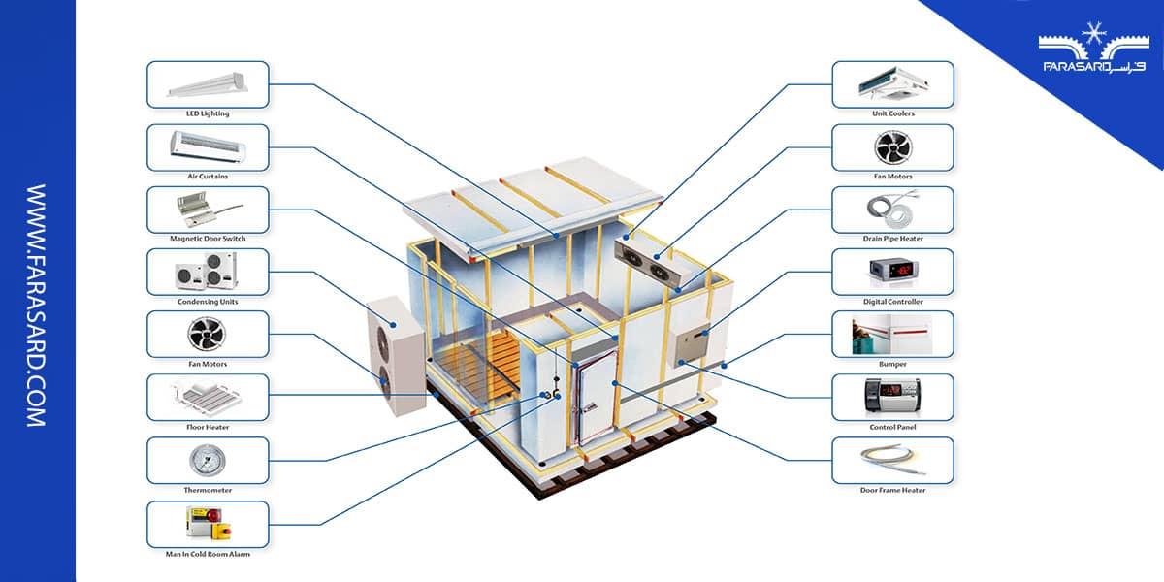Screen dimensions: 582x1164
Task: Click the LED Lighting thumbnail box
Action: click(x=208, y=84)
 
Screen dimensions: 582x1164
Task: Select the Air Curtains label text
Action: click(x=208, y=177)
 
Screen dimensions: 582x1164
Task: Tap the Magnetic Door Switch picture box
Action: click(x=208, y=210)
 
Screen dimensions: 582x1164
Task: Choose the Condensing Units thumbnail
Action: click(x=208, y=272)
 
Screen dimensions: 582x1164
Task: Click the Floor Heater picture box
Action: click(x=208, y=397)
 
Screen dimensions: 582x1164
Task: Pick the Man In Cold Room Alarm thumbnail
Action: click(x=208, y=524)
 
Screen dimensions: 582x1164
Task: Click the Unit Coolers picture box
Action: click(x=892, y=84)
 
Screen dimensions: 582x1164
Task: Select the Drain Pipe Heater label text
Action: click(x=892, y=239)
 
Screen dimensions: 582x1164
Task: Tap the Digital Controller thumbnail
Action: click(x=892, y=272)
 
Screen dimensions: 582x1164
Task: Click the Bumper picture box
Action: click(x=892, y=334)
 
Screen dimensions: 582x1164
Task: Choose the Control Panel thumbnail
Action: click(x=892, y=397)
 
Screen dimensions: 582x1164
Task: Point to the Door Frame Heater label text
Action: click(x=892, y=491)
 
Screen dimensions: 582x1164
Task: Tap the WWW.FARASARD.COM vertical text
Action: click(x=37, y=306)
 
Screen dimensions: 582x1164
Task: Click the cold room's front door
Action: click(x=593, y=401)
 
